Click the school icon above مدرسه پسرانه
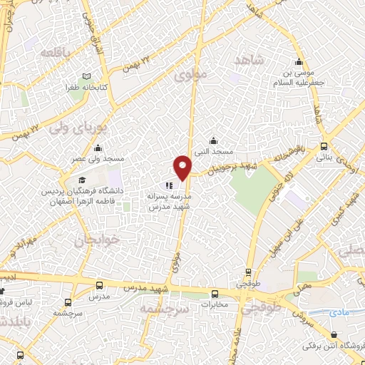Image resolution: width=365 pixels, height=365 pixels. [x=169, y=185]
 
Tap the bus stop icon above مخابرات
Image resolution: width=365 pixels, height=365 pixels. [x=215, y=293]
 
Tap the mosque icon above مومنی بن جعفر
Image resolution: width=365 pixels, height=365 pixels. [x=299, y=61]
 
